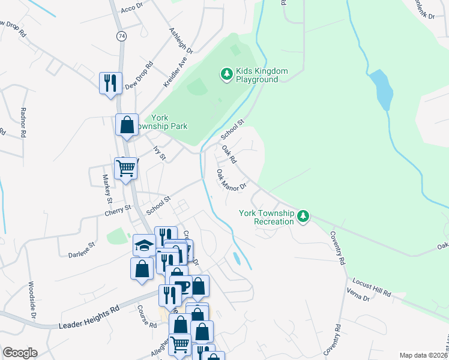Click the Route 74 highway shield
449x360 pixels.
(122, 36)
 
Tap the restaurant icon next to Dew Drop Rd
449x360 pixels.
(110, 83)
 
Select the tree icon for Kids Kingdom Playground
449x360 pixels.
(226, 74)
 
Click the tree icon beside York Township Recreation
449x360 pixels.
(304, 217)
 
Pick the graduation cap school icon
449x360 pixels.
(144, 245)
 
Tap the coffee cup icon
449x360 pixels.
(180, 286)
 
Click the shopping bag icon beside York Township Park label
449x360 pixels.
(127, 125)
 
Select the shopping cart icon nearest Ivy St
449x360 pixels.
(126, 169)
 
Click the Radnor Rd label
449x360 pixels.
(23, 122)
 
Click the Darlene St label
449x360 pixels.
(82, 246)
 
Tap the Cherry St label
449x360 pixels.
(118, 209)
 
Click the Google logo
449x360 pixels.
(20, 353)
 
